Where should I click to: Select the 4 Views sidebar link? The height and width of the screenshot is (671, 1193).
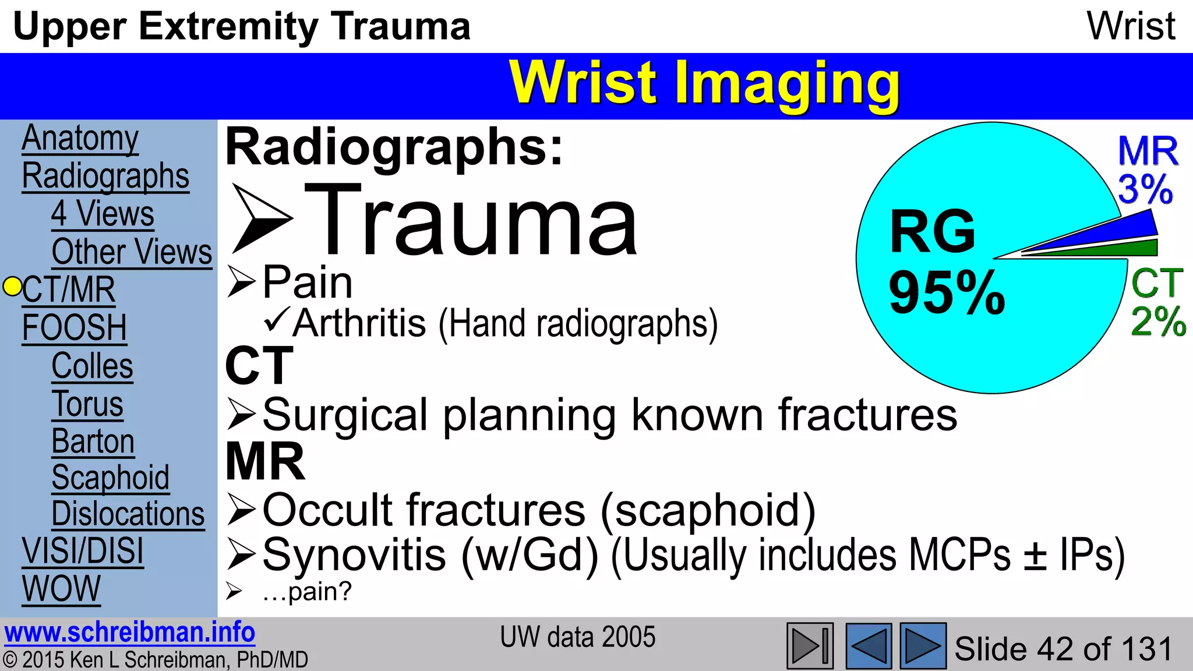[x=103, y=214]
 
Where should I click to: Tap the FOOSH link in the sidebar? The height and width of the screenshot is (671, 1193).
[x=74, y=327]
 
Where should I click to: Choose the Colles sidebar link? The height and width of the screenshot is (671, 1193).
[x=92, y=366]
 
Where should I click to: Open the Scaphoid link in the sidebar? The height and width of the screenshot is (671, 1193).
[x=111, y=478]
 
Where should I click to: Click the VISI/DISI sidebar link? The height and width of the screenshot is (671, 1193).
[x=83, y=551]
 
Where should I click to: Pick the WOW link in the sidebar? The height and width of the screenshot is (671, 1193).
[x=61, y=589]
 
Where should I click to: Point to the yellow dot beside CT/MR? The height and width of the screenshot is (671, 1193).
[x=12, y=287]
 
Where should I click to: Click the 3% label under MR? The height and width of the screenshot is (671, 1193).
[x=1145, y=189]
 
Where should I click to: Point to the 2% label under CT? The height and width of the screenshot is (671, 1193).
[x=1158, y=321]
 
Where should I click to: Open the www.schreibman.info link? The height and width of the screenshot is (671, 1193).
[x=129, y=633]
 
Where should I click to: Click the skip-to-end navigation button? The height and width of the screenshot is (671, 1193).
[x=810, y=645]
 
